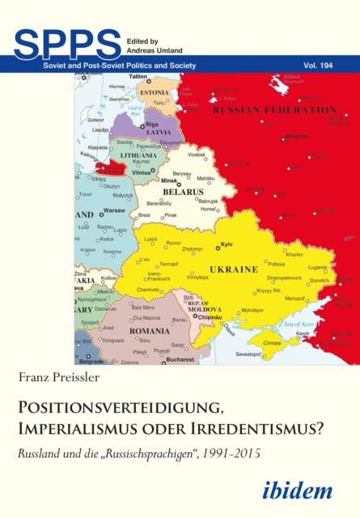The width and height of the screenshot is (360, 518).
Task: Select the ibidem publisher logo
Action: (307, 489)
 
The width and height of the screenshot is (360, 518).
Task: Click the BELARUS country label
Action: (184, 192)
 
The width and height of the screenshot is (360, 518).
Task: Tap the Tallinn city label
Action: (142, 76)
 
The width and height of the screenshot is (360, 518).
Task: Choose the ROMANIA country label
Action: (150, 332)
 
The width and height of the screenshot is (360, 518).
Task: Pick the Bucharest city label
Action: (177, 359)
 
